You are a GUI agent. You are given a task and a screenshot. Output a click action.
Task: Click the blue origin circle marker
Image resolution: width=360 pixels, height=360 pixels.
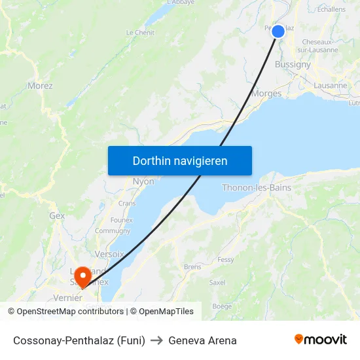tap(278, 31)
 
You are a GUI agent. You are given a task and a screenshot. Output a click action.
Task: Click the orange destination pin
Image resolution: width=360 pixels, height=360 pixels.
tap(82, 276)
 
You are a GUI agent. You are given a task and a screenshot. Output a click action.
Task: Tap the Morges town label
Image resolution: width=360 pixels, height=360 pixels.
tap(266, 94)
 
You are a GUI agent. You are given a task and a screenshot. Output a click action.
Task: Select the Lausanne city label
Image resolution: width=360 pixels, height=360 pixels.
tap(331, 85)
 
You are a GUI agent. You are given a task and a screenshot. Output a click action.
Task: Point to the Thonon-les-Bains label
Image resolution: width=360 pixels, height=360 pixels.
tap(257, 188)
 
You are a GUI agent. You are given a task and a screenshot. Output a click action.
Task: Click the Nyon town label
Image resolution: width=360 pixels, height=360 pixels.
tap(143, 181)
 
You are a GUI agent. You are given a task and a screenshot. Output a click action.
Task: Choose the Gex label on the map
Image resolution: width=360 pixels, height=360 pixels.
tap(57, 215)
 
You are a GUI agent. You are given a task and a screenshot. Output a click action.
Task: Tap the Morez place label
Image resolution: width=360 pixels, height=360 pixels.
tap(40, 86)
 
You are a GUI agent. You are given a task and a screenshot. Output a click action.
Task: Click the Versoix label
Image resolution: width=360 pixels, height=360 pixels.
tap(109, 254)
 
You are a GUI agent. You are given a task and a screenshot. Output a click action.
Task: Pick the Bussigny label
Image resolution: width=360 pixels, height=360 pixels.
tap(293, 65)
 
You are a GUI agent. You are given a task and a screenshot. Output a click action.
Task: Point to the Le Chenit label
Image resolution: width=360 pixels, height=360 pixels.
tap(140, 32)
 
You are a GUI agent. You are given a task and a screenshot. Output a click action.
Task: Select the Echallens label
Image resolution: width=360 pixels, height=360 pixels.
tap(331, 9)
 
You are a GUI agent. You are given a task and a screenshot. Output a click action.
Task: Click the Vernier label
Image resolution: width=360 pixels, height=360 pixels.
tap(68, 298)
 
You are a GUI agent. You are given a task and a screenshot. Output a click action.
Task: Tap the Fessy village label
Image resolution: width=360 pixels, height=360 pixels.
tap(226, 260)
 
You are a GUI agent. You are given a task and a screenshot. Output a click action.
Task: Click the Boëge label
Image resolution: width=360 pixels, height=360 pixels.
tap(222, 306)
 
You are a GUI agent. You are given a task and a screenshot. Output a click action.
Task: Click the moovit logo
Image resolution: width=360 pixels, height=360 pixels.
tap(320, 340)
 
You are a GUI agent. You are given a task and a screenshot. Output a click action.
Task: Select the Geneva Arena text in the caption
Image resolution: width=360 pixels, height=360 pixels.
tap(202, 340)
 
